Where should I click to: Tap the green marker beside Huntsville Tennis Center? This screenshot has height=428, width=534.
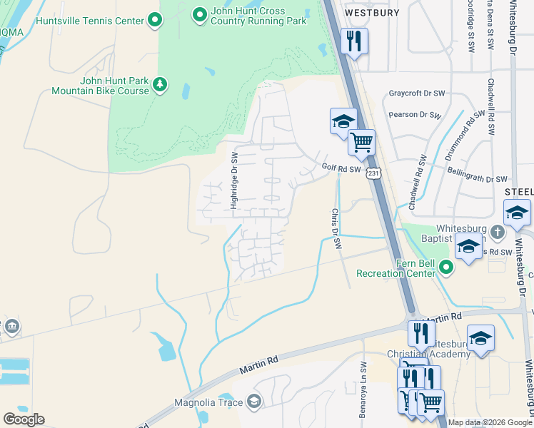[153, 21]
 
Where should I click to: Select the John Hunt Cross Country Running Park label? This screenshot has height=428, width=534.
[258, 16]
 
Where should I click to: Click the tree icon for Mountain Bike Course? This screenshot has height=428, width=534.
[162, 86]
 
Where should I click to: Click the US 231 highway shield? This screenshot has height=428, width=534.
[372, 173]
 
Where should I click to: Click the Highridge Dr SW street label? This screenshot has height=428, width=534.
[233, 180]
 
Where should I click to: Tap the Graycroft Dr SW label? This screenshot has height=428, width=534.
[417, 93]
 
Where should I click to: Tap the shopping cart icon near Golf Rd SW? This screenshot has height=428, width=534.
[361, 142]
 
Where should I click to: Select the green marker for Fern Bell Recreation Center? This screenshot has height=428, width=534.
[446, 267]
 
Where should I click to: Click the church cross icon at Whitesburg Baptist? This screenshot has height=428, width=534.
[498, 231]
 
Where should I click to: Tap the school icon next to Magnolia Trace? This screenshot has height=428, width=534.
[253, 403]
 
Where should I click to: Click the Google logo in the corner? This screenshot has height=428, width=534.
[24, 419]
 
